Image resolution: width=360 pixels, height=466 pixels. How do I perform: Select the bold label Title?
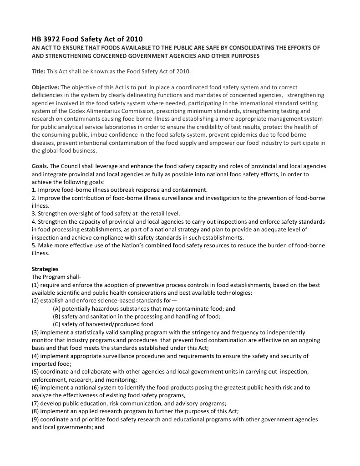pos(39,72)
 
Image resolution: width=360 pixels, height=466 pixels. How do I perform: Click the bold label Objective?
pos(45,87)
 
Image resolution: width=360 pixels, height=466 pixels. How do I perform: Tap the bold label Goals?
pos(40,166)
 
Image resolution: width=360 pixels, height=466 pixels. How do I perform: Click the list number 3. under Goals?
pos(34,214)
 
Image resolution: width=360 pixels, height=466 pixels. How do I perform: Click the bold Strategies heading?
pos(45,269)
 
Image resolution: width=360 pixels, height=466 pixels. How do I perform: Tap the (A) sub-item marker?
pos(57,309)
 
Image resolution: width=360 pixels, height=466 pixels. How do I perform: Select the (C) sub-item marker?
pos(57,324)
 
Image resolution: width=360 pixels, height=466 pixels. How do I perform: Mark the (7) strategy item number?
pos(35,404)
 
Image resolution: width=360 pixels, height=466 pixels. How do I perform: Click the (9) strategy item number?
pos(35,420)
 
